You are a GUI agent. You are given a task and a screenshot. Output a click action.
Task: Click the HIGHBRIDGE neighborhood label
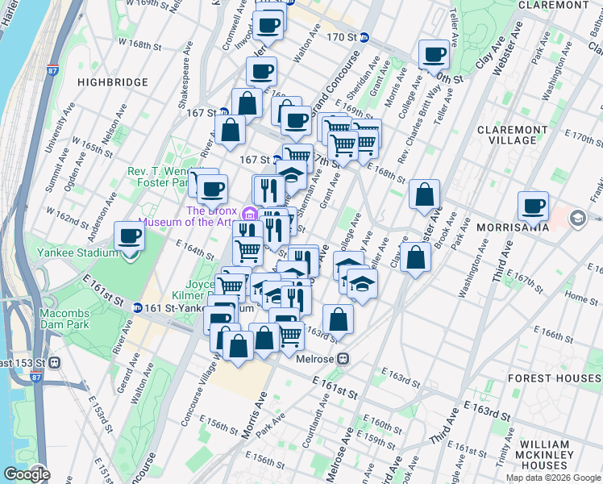[x=112, y=82]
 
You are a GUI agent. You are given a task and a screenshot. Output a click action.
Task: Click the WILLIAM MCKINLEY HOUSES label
[x=556, y=455]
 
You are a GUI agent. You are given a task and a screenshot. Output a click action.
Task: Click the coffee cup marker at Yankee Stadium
[x=130, y=237]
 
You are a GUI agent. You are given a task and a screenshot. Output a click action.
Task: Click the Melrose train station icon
[x=343, y=358]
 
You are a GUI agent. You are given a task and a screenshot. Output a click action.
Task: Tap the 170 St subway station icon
[x=364, y=37]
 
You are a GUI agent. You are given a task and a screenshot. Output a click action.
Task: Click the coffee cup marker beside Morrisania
[x=533, y=207]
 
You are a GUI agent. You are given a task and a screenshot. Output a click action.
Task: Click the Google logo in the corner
[x=27, y=474]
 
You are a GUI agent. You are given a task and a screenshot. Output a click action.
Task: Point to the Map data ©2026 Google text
[x=552, y=478]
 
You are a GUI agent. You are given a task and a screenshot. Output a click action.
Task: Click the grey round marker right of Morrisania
[x=577, y=219]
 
